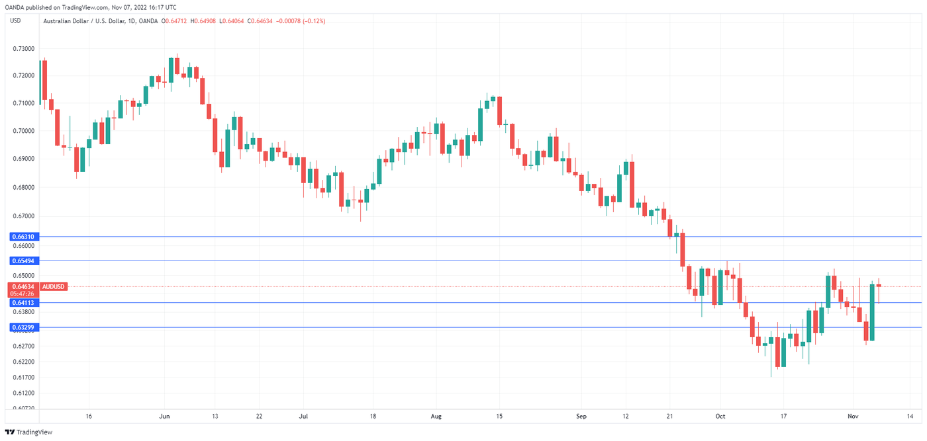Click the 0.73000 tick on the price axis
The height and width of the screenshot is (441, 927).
[23, 49]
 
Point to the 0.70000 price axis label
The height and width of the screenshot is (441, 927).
[23, 131]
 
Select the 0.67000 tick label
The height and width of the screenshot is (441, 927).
[23, 216]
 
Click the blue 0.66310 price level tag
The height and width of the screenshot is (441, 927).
[23, 236]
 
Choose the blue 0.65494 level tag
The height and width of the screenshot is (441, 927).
[23, 261]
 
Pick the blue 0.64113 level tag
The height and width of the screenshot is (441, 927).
[23, 302]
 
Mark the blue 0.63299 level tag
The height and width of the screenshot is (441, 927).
[23, 327]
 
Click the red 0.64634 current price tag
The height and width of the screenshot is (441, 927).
[23, 286]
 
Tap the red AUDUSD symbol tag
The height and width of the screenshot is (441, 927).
[53, 286]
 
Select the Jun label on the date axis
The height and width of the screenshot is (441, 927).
[165, 417]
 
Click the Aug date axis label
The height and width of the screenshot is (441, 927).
[436, 417]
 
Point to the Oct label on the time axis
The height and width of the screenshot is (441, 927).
[721, 417]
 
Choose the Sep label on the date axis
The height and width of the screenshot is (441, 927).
[581, 417]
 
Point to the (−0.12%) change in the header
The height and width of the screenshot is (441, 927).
[312, 21]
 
